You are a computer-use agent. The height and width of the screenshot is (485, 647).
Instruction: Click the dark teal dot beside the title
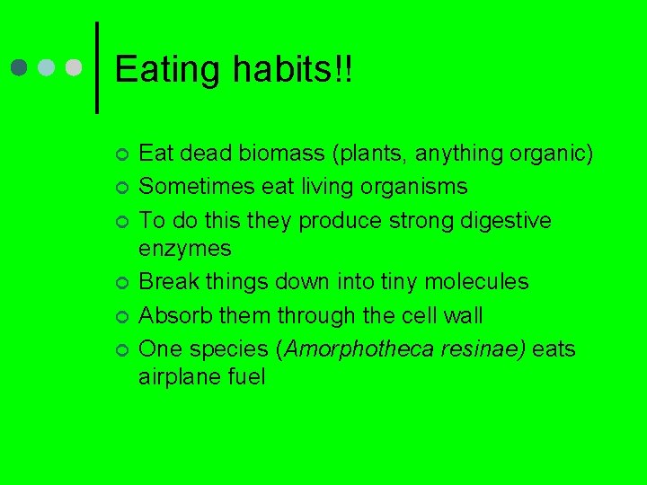21,68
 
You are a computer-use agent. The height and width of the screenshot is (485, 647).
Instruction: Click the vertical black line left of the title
96,67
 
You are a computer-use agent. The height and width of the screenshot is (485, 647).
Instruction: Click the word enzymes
184,249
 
